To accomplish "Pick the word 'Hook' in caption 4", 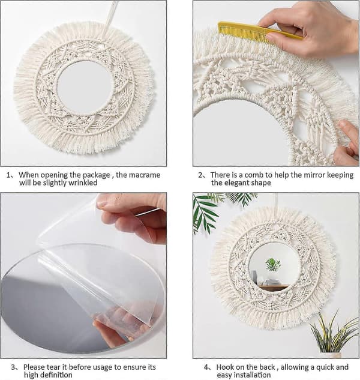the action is [x=224, y=367].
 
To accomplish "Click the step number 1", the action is [x=8, y=175].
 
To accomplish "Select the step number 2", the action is [x=200, y=175].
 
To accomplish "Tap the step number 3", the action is [x=13, y=367].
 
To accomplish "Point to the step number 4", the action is [x=206, y=367].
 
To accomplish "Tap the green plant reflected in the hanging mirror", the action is [x=273, y=264].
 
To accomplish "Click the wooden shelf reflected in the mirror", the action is [x=273, y=287].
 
